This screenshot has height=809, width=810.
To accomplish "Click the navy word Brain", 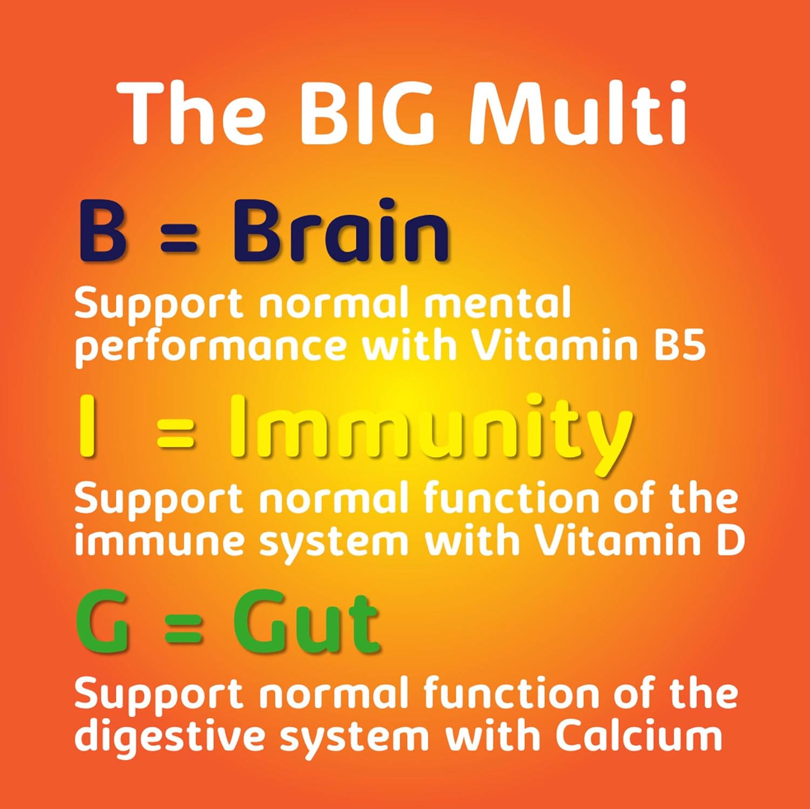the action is tap(341, 230).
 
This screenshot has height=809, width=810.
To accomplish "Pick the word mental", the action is tap(497, 303).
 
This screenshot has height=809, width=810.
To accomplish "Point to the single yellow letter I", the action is tap(87, 426).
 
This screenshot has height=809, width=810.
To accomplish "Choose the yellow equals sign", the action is tap(175, 434).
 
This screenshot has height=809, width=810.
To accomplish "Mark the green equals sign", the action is tap(184, 631).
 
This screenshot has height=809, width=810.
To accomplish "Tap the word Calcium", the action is tap(639, 735).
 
